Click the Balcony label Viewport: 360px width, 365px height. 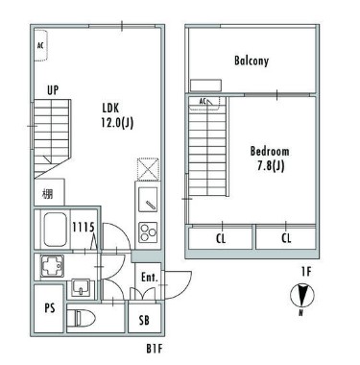252,61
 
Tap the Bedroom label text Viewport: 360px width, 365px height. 270,151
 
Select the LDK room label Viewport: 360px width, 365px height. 110,108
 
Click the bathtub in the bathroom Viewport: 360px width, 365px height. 55,230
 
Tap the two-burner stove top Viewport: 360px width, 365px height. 148,231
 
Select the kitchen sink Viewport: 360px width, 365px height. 148,199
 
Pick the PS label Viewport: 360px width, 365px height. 50,308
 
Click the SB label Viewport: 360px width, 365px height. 144,320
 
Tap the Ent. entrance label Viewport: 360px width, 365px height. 150,278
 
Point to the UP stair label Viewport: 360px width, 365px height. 53,90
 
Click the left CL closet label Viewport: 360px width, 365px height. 221,238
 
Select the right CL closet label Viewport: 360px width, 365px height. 286,238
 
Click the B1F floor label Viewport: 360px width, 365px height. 155,349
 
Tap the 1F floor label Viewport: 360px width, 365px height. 306,272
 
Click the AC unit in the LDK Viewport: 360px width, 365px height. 41,45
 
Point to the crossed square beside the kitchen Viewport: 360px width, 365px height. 148,169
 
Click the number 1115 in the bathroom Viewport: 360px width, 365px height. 84,228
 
